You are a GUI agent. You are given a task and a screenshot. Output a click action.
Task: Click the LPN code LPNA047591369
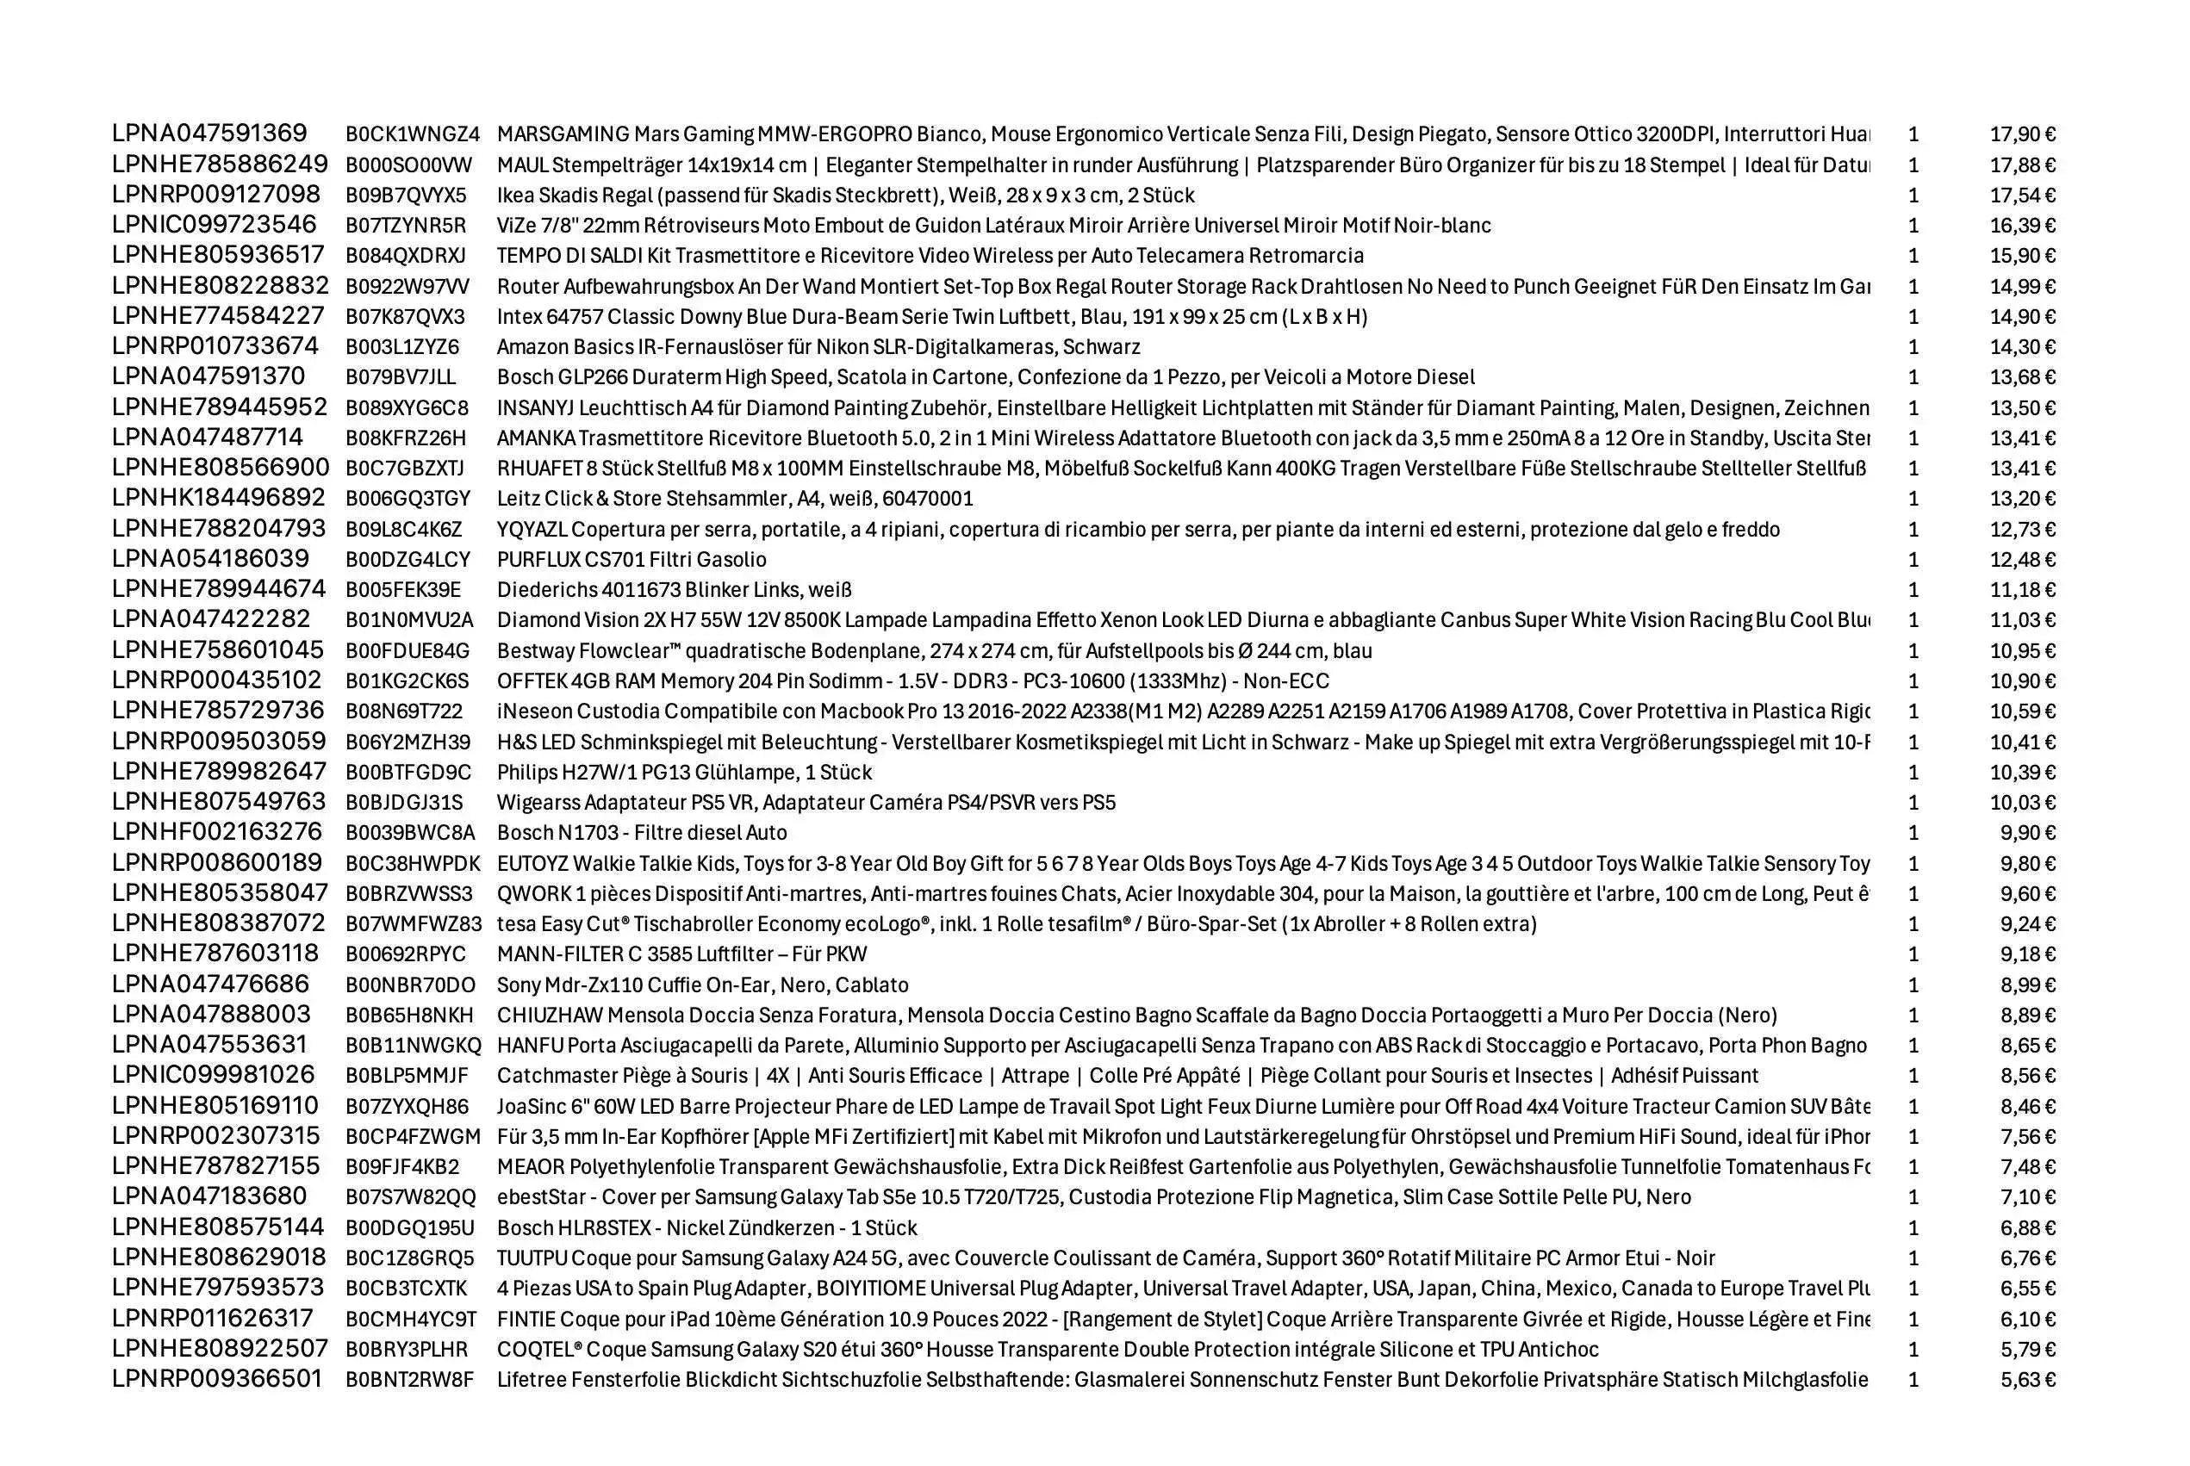tap(208, 134)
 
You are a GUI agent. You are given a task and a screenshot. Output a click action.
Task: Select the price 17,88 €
tap(2022, 165)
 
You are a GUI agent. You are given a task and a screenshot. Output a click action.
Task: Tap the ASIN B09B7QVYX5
tap(405, 196)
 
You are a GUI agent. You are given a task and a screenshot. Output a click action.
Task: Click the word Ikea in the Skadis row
tap(514, 196)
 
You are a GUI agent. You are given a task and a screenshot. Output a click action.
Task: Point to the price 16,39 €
tap(2022, 227)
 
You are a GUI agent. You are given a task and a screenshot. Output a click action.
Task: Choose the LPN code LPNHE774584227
tap(218, 316)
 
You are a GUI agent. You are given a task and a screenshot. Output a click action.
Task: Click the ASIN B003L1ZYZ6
tap(402, 348)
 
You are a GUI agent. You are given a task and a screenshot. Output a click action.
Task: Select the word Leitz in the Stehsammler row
tap(517, 500)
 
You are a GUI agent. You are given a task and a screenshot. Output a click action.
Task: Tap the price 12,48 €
tap(2022, 560)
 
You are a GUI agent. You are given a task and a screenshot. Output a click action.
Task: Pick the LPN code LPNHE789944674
tap(219, 590)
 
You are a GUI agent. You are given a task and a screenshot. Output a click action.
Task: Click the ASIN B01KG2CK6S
tap(407, 681)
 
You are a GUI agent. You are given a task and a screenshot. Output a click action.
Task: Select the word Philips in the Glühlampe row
tap(526, 773)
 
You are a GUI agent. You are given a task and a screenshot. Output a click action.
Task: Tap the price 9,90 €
tap(2027, 833)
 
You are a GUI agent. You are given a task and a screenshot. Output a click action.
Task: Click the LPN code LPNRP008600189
tap(217, 863)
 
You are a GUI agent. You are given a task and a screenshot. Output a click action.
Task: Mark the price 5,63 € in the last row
tap(2027, 1380)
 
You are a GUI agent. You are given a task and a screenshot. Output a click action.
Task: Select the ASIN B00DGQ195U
tap(409, 1228)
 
